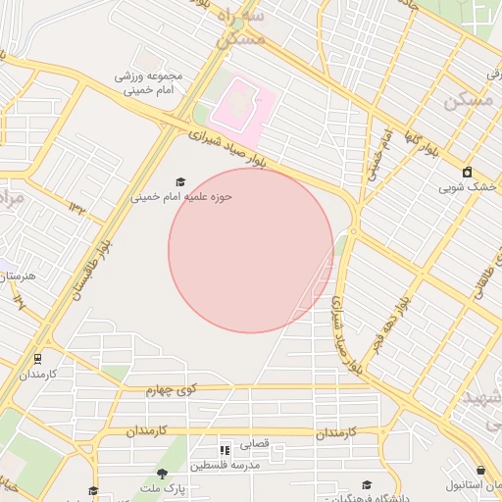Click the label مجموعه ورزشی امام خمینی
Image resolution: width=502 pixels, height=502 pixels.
click(144, 82)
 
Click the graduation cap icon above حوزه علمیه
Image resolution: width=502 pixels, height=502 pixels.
click(179, 181)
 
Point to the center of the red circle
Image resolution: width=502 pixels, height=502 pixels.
click(250, 250)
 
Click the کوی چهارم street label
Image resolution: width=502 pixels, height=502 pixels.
click(173, 390)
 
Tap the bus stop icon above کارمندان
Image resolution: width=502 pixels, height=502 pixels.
click(37, 359)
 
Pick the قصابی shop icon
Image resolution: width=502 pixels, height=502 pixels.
click(226, 450)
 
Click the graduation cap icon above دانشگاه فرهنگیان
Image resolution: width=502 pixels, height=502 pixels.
click(367, 484)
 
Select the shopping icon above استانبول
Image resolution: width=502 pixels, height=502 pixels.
click(480, 471)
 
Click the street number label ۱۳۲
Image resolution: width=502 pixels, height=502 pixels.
click(77, 205)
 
